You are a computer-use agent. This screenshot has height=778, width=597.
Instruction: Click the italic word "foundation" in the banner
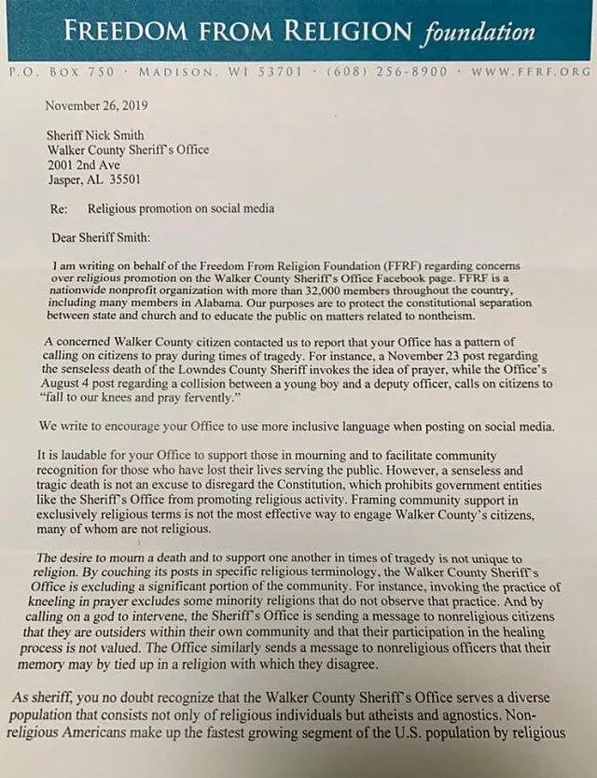coord(479,35)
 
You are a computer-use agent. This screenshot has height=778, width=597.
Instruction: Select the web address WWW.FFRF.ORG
coord(531,71)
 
